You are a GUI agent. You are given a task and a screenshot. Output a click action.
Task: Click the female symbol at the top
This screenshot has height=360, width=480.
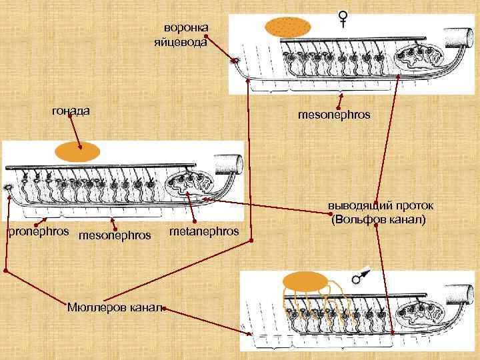click(x=343, y=19)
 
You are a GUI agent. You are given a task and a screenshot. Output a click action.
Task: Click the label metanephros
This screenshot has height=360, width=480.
click(x=205, y=231)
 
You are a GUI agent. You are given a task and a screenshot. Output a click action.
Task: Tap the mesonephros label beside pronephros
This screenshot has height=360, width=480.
click(x=115, y=235)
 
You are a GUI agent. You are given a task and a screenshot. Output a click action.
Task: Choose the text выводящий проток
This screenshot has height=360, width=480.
click(x=380, y=206)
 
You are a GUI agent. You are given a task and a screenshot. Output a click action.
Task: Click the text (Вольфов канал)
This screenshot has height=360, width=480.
click(x=377, y=219)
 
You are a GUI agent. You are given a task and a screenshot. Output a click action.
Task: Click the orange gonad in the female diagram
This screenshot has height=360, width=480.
click(x=287, y=27)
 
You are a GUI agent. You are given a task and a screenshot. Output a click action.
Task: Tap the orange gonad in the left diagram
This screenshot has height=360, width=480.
click(x=77, y=153)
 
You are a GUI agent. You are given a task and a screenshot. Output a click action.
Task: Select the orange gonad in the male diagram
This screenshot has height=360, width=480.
click(x=307, y=281)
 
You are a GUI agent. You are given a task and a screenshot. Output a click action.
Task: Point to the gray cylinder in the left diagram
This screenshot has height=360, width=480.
click(x=229, y=164)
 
